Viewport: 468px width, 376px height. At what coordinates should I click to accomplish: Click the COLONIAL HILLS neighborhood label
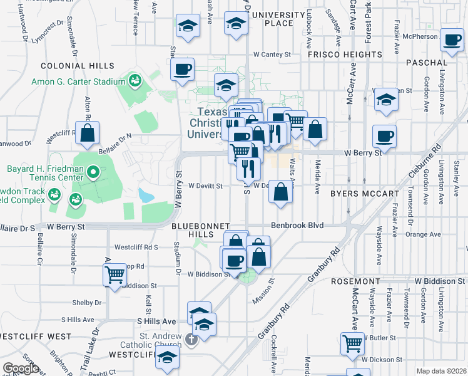point(78,66)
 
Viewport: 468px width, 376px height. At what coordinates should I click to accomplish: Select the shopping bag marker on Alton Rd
point(87,132)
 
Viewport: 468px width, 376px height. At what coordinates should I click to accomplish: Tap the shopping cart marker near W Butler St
point(352,343)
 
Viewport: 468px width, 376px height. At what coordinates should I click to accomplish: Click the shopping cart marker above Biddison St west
point(114,274)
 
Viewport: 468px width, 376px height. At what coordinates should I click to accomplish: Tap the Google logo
point(21,368)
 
